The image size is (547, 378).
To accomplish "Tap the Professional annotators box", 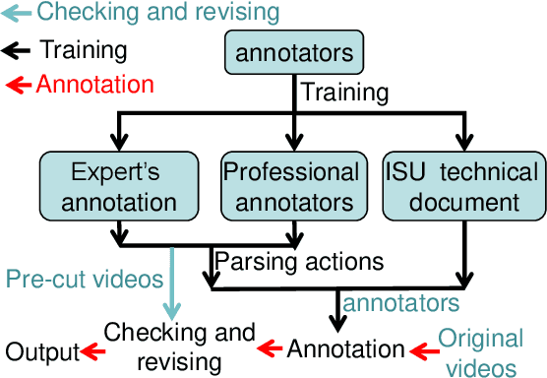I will pyautogui.click(x=292, y=187).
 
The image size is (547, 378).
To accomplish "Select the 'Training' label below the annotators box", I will pyautogui.click(x=344, y=93).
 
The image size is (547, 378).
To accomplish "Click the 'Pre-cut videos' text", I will pyautogui.click(x=83, y=279).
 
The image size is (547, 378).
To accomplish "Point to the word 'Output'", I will pyautogui.click(x=39, y=350).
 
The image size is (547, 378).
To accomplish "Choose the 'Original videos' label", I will pyautogui.click(x=480, y=352).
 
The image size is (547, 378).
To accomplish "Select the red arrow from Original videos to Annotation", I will pyautogui.click(x=421, y=348).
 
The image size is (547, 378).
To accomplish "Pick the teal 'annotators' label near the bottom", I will pyautogui.click(x=400, y=300).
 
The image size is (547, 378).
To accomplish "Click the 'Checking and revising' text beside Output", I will pyautogui.click(x=179, y=346).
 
